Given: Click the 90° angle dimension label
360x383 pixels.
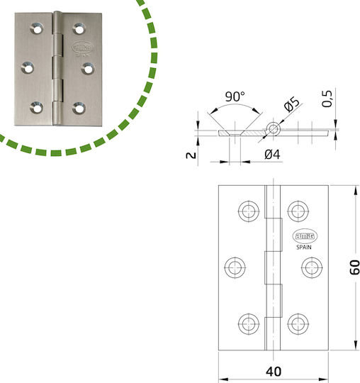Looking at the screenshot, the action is [x=235, y=96].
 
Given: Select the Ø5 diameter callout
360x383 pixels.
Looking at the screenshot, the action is [x=292, y=104].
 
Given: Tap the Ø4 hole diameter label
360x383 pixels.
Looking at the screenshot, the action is [x=272, y=155].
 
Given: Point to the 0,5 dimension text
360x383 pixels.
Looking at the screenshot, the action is [x=327, y=99].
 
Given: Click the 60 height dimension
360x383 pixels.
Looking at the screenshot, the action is [x=354, y=267].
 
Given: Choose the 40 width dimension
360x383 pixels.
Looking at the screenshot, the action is [x=274, y=372].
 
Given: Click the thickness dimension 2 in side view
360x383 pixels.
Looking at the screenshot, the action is [x=191, y=155].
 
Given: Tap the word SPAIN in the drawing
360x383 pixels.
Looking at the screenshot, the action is [x=304, y=248].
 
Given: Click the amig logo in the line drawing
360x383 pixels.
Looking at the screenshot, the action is [x=305, y=236].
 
